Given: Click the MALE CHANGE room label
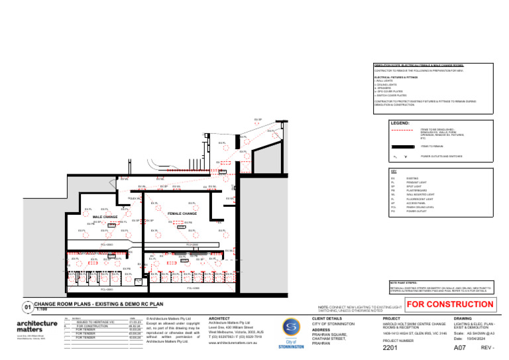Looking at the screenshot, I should [105, 217].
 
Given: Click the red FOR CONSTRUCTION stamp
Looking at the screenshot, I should [449, 305].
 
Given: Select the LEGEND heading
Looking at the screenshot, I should [400, 123].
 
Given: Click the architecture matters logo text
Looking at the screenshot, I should [36, 326].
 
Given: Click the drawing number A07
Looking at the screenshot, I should [459, 347].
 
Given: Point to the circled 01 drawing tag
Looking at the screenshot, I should [27, 307].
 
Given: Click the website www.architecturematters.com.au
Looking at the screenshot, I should [228, 343].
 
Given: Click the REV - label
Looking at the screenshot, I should [488, 347].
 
